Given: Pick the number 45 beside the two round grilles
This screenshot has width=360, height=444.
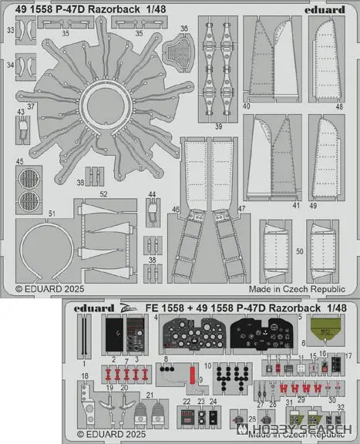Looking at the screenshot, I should pos(18,161).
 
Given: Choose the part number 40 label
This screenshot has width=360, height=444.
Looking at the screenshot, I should pos(246,106).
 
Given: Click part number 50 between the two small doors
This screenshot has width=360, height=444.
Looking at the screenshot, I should pos(299,251).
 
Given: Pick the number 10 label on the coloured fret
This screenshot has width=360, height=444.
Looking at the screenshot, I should pos(207,365).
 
